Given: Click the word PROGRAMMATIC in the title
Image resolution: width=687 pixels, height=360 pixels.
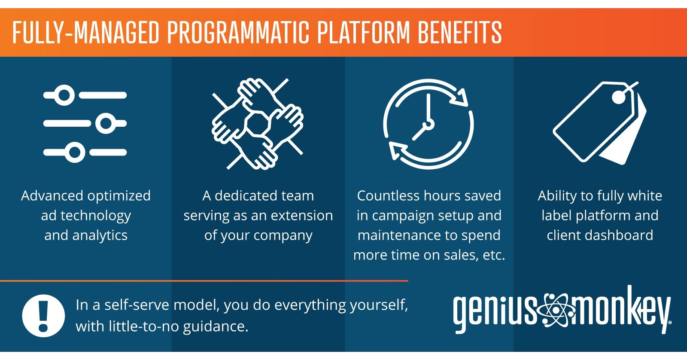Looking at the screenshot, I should point(238,33).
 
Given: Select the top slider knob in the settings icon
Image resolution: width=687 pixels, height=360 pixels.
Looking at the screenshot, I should point(64,95).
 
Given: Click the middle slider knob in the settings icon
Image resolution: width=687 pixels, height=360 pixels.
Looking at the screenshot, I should point(106,124).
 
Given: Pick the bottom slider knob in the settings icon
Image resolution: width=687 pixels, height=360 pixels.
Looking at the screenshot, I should point(75,152).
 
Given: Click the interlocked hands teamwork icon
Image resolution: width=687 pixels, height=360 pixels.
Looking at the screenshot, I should point(258,124).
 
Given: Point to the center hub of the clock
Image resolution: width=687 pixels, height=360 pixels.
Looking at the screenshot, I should point(428,125).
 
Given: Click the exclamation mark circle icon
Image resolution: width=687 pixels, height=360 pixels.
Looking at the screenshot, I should point(43,315).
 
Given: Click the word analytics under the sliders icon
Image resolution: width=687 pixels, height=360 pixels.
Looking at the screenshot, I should point(100,235).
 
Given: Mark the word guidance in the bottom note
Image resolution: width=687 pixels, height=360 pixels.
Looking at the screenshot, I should point(215,327).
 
